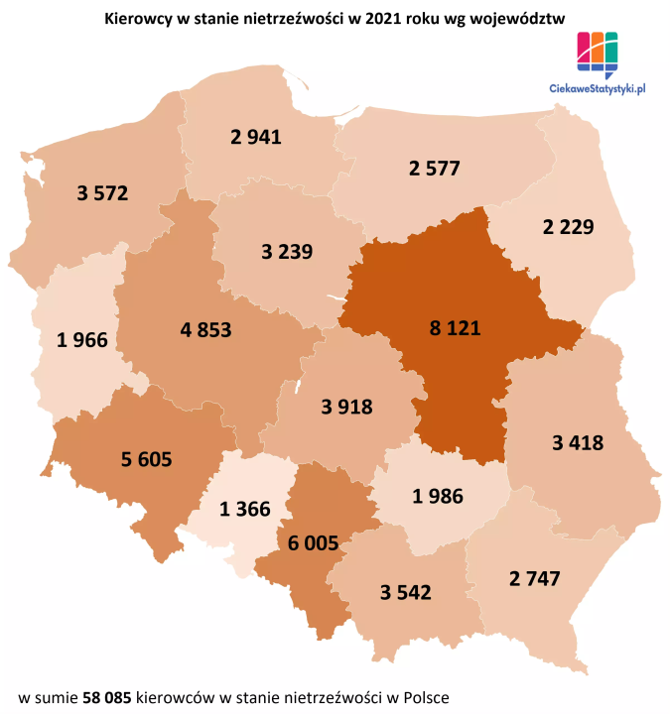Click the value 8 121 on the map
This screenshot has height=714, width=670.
448,328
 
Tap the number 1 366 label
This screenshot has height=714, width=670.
245,510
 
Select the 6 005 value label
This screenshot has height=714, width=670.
314,542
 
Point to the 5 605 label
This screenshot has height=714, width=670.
147,458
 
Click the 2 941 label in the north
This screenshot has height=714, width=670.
256,138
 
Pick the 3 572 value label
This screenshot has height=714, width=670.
102,192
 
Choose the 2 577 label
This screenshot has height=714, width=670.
434,168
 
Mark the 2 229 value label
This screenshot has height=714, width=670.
568,227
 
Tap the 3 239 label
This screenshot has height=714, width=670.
287,251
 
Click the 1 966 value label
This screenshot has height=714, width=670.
82,341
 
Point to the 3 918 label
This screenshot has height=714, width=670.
346,406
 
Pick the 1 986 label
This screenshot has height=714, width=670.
438,496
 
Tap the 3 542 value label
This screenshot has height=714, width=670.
406,593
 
